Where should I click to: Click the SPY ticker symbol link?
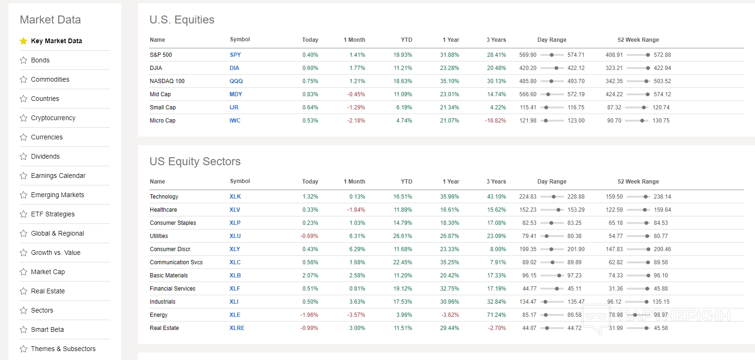tap(235, 55)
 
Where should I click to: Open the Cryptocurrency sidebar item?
tap(53, 118)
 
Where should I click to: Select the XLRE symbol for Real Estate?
tap(237, 328)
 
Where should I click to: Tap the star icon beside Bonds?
tap(23, 60)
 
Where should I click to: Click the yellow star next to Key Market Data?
tap(23, 41)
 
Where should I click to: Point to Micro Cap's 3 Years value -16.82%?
tap(495, 121)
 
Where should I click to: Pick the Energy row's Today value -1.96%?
tap(309, 315)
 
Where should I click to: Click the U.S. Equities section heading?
tap(182, 20)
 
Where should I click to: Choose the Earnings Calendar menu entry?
tap(58, 176)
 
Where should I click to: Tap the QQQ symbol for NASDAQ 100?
tap(236, 81)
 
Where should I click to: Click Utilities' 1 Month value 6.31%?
tap(357, 236)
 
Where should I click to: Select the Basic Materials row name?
tap(169, 276)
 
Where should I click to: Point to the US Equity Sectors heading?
tap(195, 161)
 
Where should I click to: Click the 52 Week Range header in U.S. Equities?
tap(638, 40)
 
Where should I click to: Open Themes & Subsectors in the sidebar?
tap(63, 349)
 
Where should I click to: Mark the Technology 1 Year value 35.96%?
tap(449, 197)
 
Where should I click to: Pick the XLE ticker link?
tap(235, 315)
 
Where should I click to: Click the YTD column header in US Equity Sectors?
tap(406, 182)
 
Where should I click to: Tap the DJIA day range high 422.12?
tap(576, 68)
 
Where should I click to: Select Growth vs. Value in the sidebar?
tap(55, 253)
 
